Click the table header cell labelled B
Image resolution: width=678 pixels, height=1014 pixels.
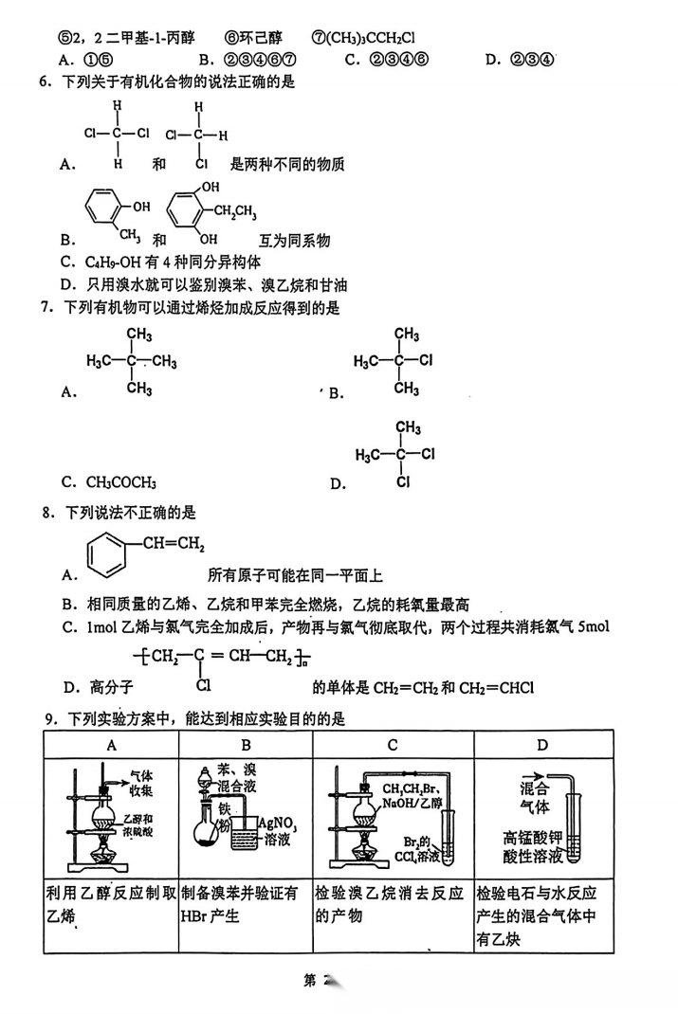coord(246,745)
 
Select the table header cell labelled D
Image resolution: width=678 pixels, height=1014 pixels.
coord(541,745)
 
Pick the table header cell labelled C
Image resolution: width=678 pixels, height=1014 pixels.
coord(393,745)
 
